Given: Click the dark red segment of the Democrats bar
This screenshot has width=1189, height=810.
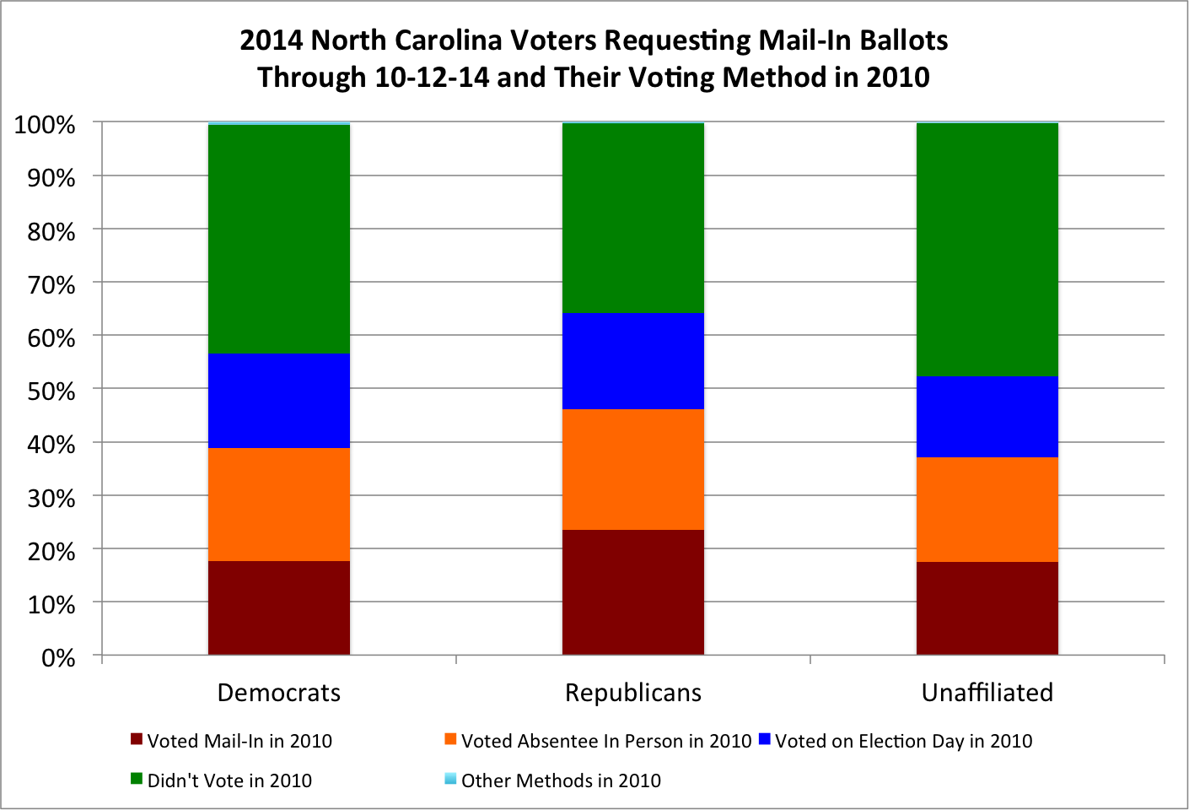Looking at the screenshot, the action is click(278, 607).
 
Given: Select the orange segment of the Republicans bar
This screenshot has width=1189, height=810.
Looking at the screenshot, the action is click(633, 469).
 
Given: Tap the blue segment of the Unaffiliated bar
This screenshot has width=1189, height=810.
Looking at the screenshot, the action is click(987, 417).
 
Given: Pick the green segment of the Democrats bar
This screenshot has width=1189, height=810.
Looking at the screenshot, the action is click(278, 239).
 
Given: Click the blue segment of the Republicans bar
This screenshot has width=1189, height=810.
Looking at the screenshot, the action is click(633, 361).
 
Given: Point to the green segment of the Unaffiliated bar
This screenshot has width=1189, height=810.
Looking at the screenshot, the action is click(987, 250).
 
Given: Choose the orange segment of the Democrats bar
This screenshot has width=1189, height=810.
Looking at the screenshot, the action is click(278, 504).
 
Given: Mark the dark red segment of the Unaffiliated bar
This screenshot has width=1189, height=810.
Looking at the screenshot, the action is click(987, 608).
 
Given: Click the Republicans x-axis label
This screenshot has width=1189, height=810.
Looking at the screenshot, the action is click(633, 693).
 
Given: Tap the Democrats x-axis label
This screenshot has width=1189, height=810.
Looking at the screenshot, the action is click(278, 693).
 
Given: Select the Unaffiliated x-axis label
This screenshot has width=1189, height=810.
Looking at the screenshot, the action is click(987, 693).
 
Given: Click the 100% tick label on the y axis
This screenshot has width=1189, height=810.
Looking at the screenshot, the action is click(45, 126).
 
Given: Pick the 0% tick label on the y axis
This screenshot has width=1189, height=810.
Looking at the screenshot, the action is click(58, 658).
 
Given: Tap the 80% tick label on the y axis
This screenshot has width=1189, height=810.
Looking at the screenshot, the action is click(51, 231).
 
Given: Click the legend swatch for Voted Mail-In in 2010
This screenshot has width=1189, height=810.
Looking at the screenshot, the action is click(137, 739).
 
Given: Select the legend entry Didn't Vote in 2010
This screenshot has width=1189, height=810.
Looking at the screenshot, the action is click(221, 780).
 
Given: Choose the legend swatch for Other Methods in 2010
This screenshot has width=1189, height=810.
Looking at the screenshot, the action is click(450, 779).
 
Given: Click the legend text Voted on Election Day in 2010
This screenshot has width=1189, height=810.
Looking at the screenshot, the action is click(903, 741).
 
